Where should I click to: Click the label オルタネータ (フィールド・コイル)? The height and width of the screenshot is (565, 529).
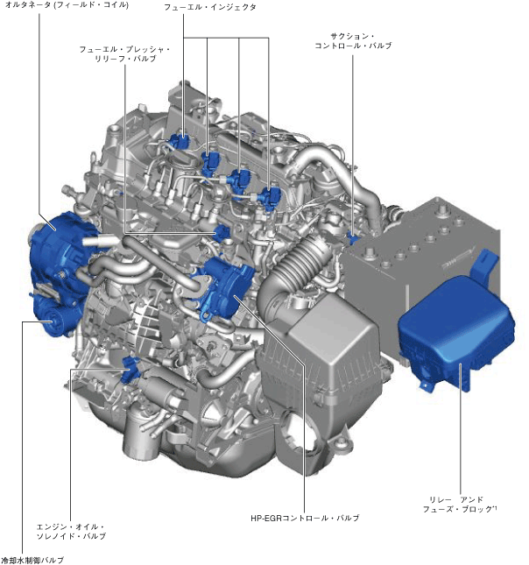[x=67, y=5]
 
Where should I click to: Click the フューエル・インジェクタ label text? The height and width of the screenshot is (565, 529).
[x=210, y=7]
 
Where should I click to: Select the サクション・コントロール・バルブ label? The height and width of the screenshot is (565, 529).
[x=353, y=40]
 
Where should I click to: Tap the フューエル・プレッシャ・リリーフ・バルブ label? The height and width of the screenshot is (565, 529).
[x=124, y=53]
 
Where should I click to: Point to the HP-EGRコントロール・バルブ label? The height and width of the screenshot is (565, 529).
[x=305, y=518]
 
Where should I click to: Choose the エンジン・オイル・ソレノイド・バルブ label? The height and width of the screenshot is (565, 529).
[x=71, y=532]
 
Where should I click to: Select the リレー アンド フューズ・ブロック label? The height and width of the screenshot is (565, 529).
[x=460, y=504]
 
